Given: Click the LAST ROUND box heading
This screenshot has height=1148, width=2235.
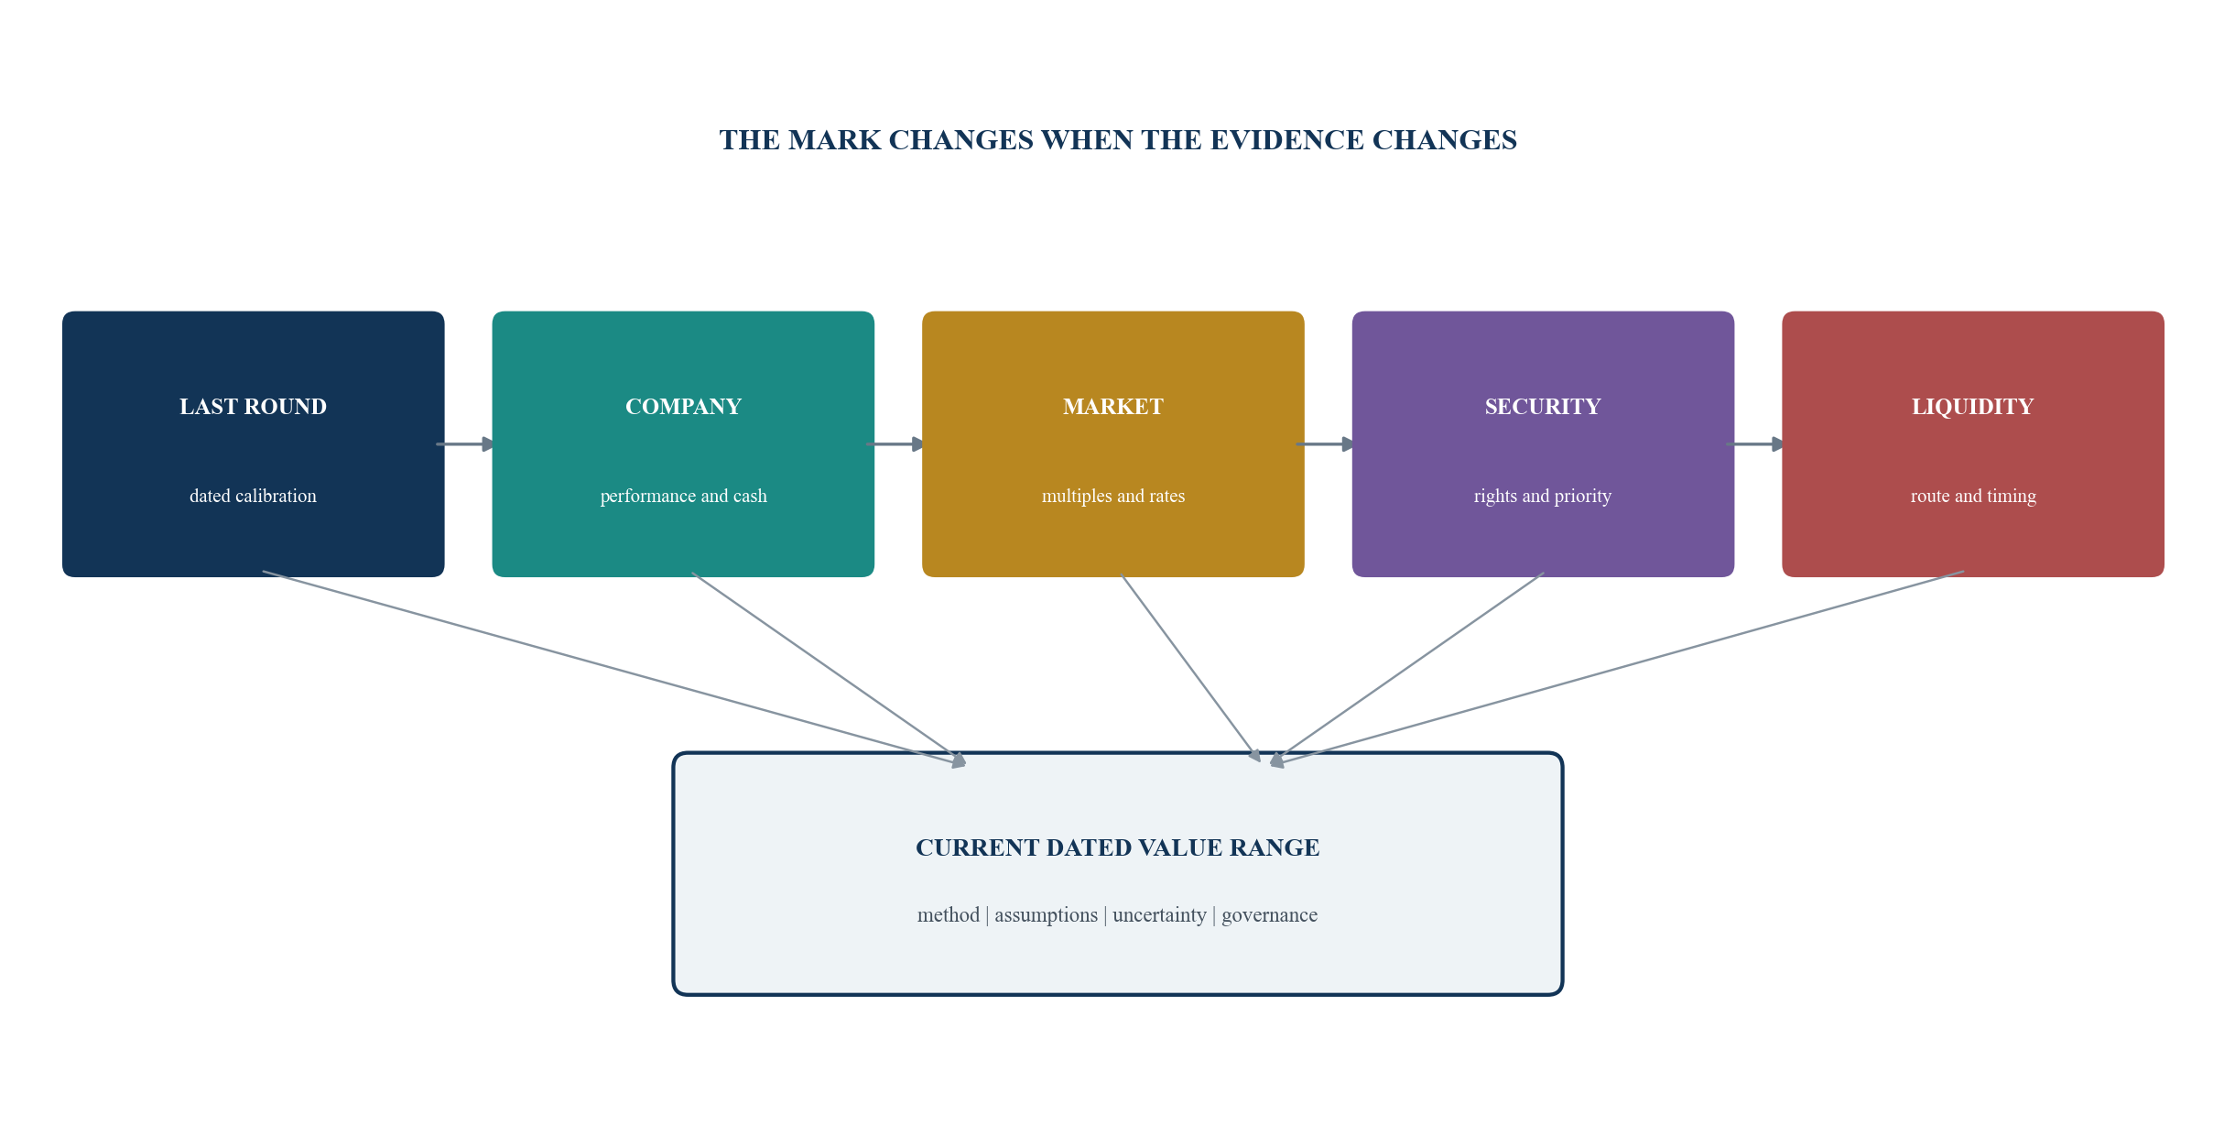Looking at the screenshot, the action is pos(253,407).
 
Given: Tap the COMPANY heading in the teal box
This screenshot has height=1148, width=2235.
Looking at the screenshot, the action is pos(683,407).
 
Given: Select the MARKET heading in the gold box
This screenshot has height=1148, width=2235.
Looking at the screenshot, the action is pos(1112,407).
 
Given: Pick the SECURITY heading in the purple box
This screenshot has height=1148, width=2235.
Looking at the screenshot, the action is pos(1543,407).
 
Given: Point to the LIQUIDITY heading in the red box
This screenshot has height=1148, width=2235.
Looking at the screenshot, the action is pos(1972,407).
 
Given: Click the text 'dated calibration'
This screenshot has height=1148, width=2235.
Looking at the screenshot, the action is pos(253,496).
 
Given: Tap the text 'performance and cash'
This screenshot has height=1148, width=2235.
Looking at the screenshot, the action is pos(683,496).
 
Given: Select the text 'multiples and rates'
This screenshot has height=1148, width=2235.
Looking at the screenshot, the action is pos(1112,496).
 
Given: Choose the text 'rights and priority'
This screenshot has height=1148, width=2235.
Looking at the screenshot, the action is pos(1543,496).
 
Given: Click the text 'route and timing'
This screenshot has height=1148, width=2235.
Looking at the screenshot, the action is pos(1973,496).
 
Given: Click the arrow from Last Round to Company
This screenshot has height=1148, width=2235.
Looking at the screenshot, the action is pos(466,444).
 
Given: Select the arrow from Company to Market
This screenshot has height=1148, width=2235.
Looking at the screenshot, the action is pos(895,444).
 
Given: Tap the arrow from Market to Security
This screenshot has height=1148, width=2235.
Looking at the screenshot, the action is pos(1326,444).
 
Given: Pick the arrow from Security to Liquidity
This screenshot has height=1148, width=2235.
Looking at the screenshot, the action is pos(1756,444).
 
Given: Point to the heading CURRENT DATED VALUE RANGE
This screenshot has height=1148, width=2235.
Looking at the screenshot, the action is pos(1117,847).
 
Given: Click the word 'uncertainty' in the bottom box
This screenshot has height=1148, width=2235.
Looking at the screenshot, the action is pos(1159,914).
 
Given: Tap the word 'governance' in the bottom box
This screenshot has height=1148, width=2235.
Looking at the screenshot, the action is pos(1269,915).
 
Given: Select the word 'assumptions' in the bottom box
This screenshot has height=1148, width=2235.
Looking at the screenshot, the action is pos(1046,915).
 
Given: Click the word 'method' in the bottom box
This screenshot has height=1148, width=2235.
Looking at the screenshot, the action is pos(949,914).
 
